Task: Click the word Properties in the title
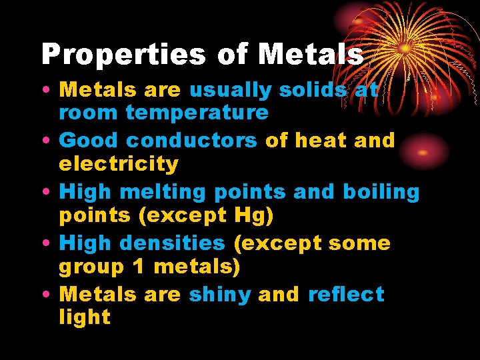click(125, 55)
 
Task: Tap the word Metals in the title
click(311, 55)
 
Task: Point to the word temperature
click(197, 112)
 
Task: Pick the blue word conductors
click(191, 141)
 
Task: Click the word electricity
click(119, 163)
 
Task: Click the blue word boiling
click(381, 192)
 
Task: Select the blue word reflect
click(346, 295)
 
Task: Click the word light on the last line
click(85, 317)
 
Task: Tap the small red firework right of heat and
click(422, 151)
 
